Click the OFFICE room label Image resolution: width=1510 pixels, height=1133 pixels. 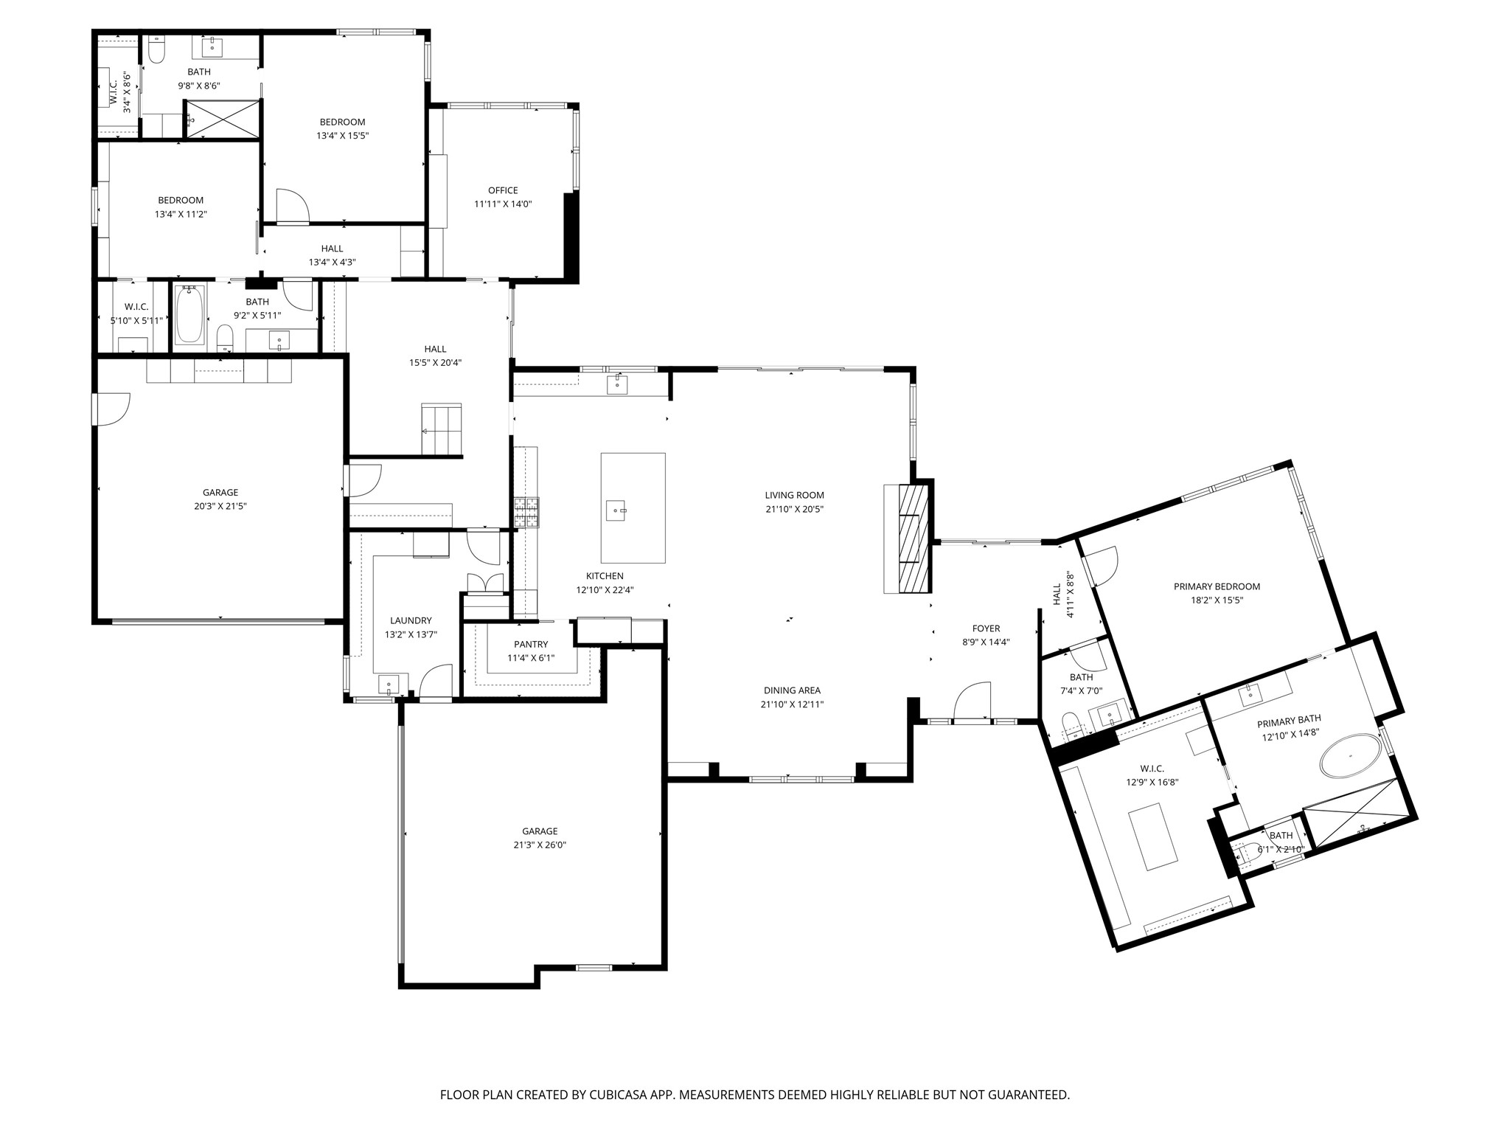tap(503, 190)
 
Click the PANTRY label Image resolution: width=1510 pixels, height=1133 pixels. tap(531, 645)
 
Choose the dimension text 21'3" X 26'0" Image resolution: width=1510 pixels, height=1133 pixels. tap(540, 845)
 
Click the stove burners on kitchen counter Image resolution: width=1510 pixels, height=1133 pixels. tap(526, 511)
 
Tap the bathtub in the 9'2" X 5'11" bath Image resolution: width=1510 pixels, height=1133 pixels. tap(189, 316)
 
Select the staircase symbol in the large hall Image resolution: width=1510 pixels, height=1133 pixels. tap(441, 429)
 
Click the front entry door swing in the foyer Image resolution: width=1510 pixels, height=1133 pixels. tap(972, 701)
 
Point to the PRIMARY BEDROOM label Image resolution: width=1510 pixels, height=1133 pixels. tap(1217, 586)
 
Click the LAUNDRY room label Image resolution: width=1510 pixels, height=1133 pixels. tap(411, 620)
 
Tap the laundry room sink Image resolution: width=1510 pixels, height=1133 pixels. tap(389, 685)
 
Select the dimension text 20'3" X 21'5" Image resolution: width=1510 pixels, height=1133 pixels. tap(220, 506)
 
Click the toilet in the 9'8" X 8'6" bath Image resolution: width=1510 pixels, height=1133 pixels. tap(156, 50)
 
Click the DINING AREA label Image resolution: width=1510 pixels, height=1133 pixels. tap(792, 690)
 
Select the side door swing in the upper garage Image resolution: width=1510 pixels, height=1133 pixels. tap(112, 409)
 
